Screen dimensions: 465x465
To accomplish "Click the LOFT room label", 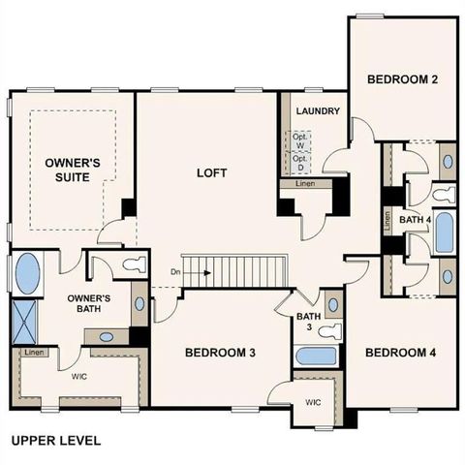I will pos(211,173).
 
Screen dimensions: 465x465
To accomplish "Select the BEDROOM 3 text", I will pos(220,353).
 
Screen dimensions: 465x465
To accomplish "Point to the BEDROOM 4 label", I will pos(400,353).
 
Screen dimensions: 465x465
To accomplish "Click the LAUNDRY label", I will pos(318,111).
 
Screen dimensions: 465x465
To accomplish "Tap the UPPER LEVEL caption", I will pos(55,440).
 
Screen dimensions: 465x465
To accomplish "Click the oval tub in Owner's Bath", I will pos(27,272).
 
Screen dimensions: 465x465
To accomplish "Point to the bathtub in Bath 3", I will pos(315,356).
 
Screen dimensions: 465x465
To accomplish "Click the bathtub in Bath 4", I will pos(444,232).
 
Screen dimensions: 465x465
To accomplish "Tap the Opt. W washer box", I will pos(300,139).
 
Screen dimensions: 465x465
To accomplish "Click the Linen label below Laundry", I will pos(303,182).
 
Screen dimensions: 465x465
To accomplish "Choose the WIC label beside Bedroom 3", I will pos(313,400).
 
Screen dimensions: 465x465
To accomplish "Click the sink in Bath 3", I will pos(333,305).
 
